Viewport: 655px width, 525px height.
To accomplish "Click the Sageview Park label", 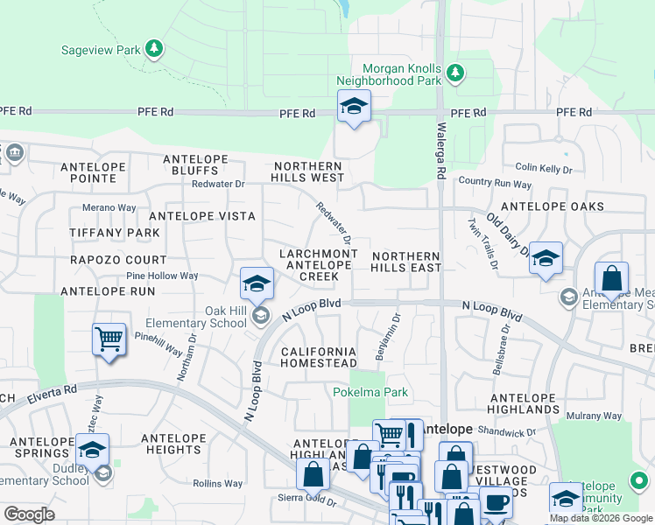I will tap(101, 50).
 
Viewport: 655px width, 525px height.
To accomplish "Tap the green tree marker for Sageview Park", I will tap(155, 48).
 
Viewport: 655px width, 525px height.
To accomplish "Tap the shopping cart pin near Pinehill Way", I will tap(109, 339).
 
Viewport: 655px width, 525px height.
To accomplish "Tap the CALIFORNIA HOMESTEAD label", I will tap(318, 357).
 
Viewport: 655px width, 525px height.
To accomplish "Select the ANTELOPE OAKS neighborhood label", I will tap(552, 206).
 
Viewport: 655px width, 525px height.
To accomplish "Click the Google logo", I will tap(29, 514).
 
